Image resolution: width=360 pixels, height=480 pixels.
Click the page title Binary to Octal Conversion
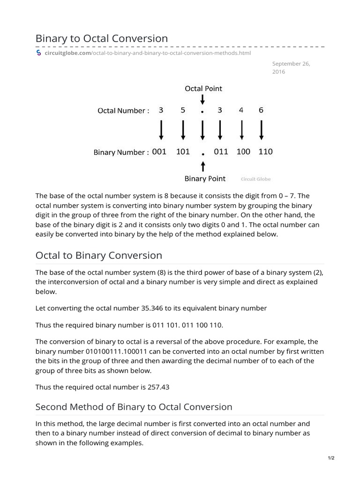coord(102,38)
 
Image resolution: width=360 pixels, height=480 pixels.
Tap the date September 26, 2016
coord(291,68)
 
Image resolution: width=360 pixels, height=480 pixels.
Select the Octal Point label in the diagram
coord(203,88)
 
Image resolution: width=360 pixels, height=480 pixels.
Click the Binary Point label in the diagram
coord(205,179)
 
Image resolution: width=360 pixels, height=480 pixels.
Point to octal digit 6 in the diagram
coord(261,111)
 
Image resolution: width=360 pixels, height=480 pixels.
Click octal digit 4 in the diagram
coord(241,111)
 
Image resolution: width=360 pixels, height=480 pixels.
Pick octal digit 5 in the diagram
coord(183,111)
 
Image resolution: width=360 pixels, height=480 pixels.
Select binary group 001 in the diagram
coord(159,152)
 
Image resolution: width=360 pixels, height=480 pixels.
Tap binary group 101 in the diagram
coord(183,152)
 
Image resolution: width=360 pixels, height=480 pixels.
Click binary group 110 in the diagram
coord(265,152)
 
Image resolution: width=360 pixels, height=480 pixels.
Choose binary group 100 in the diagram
coord(243,152)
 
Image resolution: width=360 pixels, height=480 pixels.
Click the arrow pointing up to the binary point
coord(202,166)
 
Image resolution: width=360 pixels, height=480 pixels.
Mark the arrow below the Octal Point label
coord(202,99)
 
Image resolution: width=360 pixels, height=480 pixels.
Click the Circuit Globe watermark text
coord(255,179)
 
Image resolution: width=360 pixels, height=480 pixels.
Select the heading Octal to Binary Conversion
coord(99,255)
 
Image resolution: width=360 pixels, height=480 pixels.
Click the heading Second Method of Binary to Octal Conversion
coord(134,406)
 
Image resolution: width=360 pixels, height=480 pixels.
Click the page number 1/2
coord(331,458)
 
